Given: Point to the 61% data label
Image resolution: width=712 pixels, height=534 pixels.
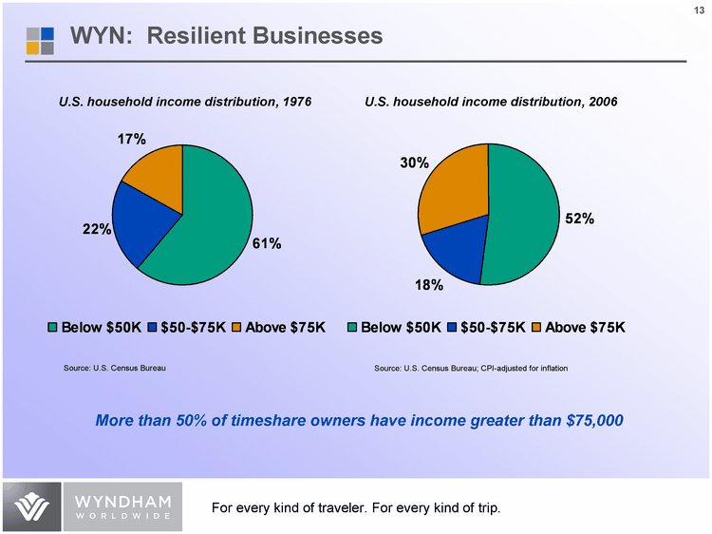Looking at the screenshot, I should coord(267,243).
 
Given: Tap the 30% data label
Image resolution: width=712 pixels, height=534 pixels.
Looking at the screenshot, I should coord(413,163).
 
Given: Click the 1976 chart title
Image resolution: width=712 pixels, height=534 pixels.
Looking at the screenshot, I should coord(185,101).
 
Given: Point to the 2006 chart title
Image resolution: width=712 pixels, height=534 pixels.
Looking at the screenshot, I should coord(491,101).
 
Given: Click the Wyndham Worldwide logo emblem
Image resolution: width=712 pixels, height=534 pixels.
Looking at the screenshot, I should coord(30,508).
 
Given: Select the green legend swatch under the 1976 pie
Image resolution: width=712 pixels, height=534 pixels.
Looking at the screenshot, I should coord(53,328).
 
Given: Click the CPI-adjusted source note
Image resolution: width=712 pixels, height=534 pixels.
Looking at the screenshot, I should coord(471,368).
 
